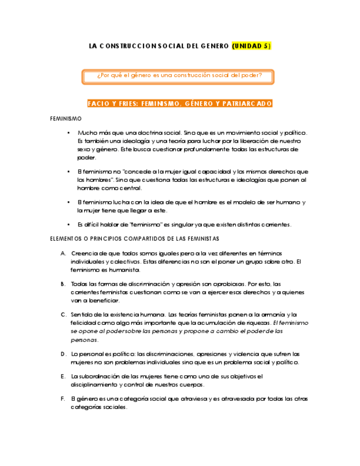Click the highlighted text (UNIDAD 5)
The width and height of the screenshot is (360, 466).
point(251,46)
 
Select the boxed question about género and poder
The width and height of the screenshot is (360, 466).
point(179,76)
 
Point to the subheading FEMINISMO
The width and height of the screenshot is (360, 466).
point(65,119)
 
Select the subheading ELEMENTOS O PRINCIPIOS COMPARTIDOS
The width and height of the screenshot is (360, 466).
point(134,238)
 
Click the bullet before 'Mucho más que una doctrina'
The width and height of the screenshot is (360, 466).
point(69,133)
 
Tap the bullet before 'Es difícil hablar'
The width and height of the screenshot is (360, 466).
point(69,225)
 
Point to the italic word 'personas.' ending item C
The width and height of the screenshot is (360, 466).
point(84,340)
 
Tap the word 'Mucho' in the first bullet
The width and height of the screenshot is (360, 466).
point(87,133)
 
